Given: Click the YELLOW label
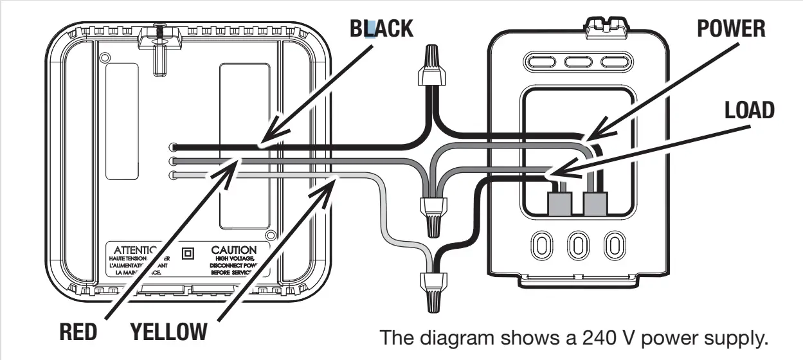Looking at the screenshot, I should tap(168, 333).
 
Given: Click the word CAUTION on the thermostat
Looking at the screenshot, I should tap(233, 249).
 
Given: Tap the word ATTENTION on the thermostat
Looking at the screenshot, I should tap(132, 249).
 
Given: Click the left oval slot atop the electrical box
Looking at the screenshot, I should tap(539, 62).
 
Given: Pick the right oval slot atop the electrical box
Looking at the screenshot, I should tap(613, 62).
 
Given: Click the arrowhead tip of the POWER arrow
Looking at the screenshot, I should tap(587, 139).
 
